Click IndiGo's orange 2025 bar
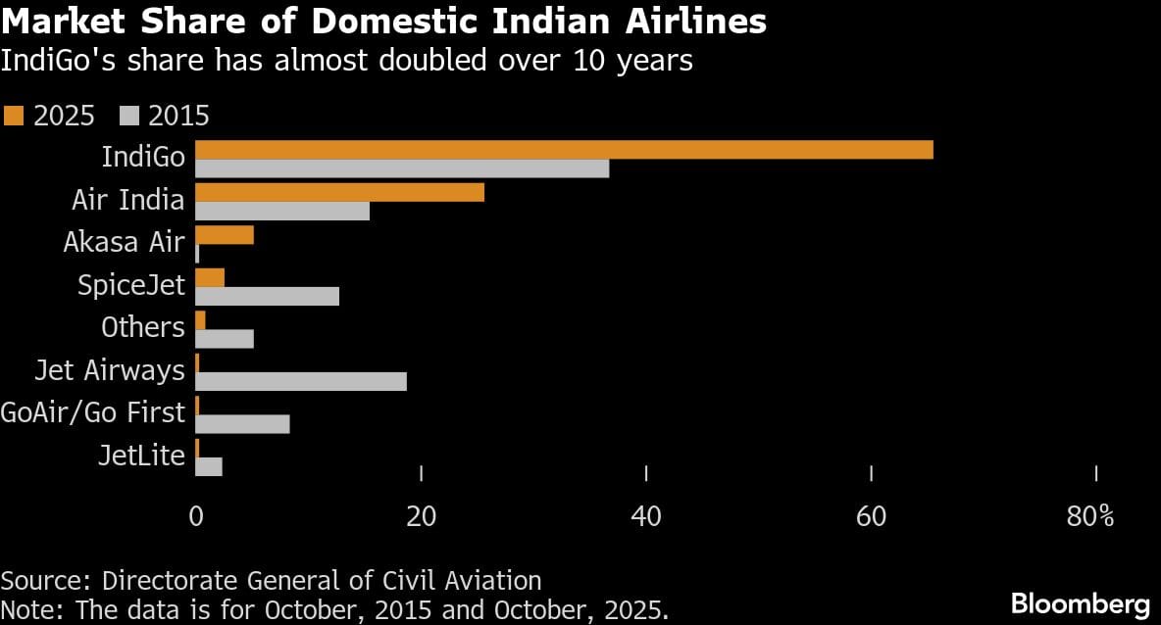pos(564,150)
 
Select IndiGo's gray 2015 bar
pos(402,168)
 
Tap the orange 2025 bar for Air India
pos(339,192)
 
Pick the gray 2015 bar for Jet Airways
pos(301,381)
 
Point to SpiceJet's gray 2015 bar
pos(267,296)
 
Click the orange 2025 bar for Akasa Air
pos(225,235)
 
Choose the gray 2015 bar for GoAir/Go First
pos(242,423)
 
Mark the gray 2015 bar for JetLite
pos(209,466)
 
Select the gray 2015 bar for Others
pos(225,339)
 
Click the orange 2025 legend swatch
pos(13,116)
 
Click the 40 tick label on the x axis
pos(646,516)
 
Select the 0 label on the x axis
pos(196,516)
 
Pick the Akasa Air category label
pos(124,242)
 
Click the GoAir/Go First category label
pos(93,412)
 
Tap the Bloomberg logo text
pos(1080,602)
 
